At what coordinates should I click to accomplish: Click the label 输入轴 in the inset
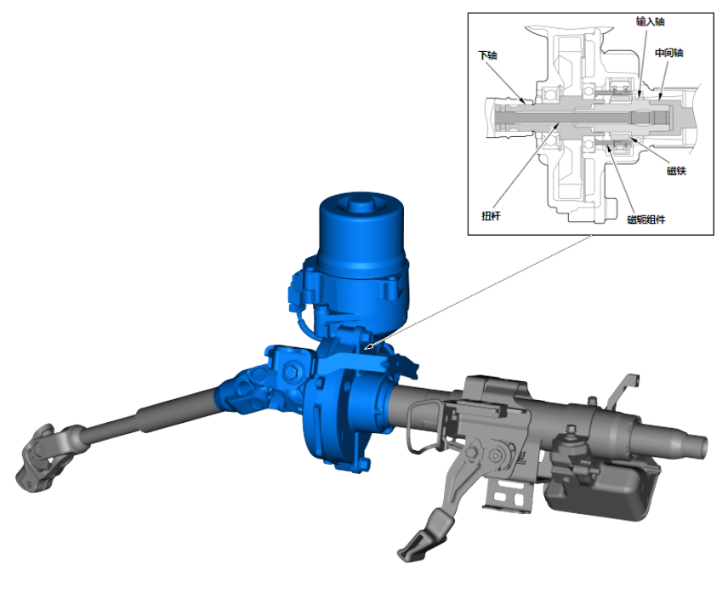[650, 21]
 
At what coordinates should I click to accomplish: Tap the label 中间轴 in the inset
[669, 53]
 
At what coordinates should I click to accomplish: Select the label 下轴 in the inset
[488, 55]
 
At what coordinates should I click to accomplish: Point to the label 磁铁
[676, 170]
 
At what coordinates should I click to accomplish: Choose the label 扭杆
[491, 215]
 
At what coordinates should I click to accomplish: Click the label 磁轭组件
[646, 220]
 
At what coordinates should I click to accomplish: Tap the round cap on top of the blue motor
[361, 203]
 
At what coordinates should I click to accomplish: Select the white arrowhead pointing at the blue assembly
[368, 345]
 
